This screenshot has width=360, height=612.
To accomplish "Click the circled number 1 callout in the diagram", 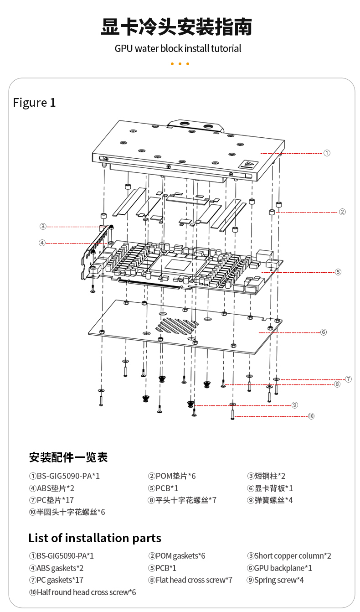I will point(327,153).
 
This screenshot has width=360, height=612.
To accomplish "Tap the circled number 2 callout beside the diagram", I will point(342,212).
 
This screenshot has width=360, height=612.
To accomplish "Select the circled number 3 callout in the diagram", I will point(43,226).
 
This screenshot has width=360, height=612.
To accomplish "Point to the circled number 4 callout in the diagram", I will point(42,243).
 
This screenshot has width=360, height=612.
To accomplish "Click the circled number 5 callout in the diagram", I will point(338,272).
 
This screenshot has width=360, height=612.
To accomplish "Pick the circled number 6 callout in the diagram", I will point(324,332).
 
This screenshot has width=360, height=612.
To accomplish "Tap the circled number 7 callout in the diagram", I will point(348,379).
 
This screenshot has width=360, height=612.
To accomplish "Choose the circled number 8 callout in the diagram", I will point(337,384).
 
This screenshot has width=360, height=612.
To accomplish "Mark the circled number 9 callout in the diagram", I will point(295,405).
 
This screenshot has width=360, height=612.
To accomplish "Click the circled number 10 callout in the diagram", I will point(311,416).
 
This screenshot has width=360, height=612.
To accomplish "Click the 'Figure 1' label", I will point(34,103).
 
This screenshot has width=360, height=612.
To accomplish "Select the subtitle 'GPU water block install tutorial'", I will point(178,48).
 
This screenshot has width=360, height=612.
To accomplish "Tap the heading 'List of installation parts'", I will point(95,538).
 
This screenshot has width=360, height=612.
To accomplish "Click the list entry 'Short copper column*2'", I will point(289,556).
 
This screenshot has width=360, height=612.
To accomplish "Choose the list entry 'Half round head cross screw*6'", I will point(82,592).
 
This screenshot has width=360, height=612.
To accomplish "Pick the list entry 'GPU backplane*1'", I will point(279,568).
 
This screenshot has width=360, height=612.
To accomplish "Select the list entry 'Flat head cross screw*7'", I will point(190,580).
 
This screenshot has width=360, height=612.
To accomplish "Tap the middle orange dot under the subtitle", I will point(180,64).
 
